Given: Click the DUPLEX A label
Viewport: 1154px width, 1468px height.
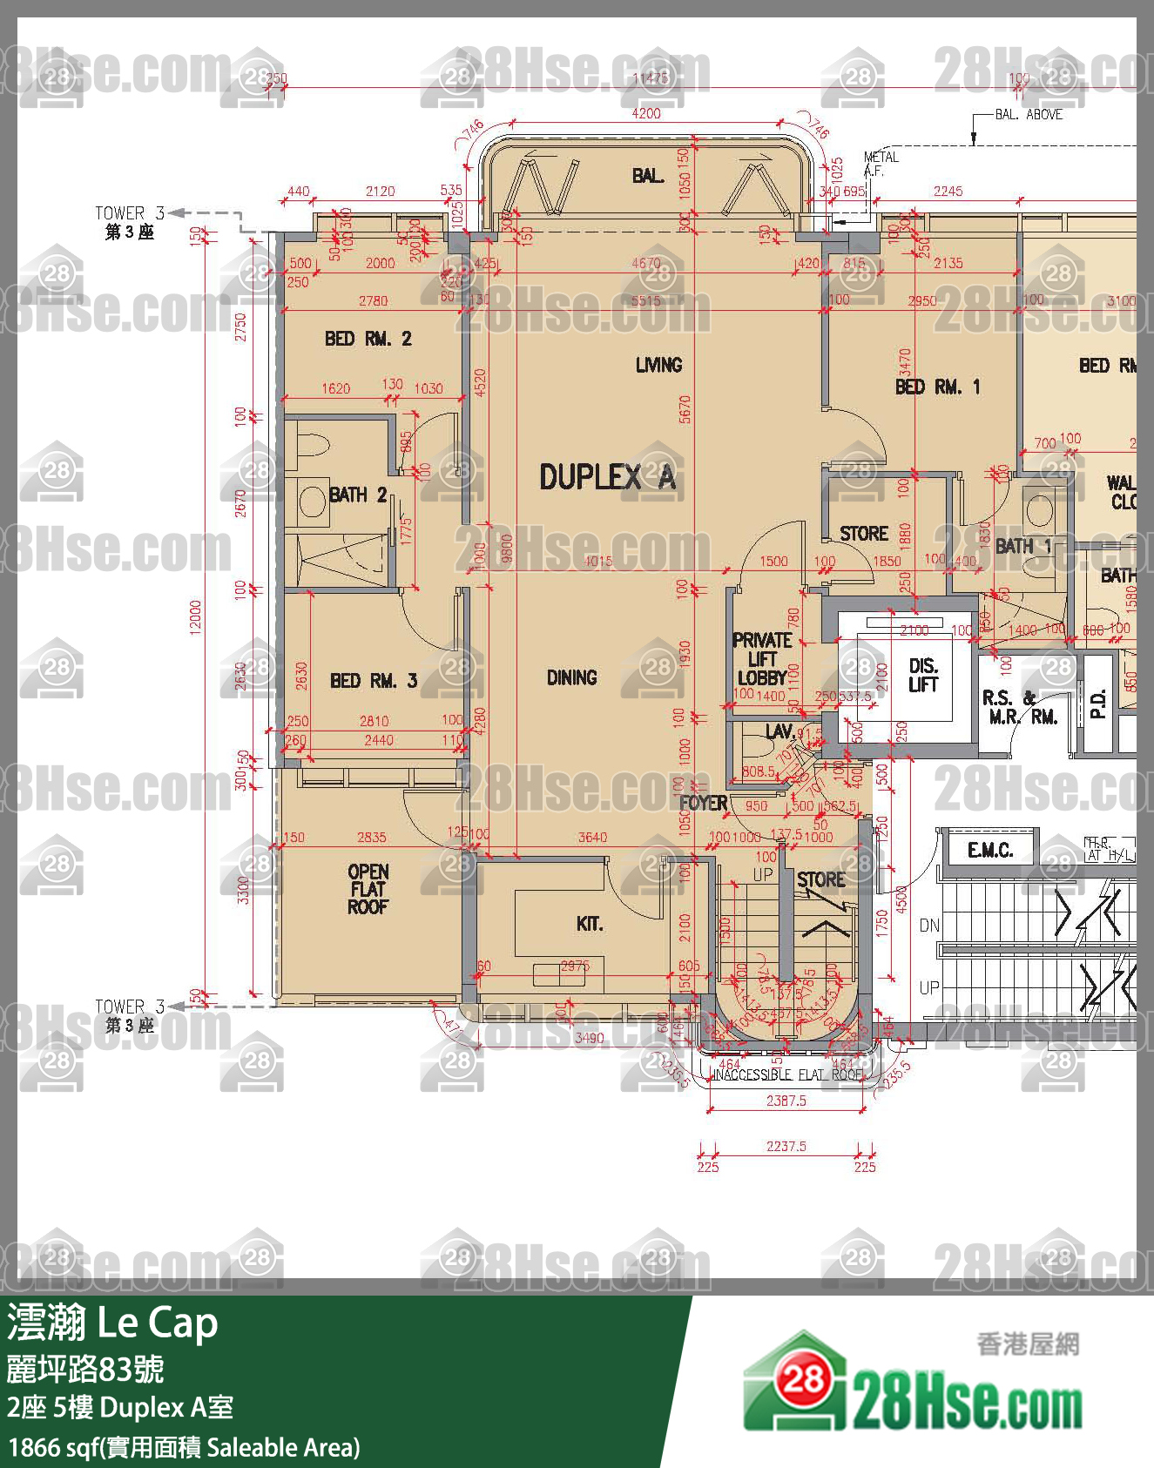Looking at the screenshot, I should [x=607, y=477].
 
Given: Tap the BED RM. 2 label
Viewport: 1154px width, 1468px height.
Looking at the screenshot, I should [x=368, y=339].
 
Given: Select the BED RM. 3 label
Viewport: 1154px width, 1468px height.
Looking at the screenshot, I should [x=373, y=681].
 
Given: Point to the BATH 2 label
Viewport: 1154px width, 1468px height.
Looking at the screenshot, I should [x=357, y=495].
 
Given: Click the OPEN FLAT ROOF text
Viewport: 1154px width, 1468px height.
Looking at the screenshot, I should [x=368, y=889].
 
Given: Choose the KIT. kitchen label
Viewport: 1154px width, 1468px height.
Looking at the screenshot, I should [x=589, y=924].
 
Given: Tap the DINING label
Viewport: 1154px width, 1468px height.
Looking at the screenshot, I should [x=571, y=677].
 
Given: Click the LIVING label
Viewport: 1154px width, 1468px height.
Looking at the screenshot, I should [x=658, y=365].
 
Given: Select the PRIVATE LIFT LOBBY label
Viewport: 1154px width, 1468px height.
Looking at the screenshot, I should [x=761, y=658].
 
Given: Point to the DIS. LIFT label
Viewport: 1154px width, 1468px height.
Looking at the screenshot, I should [x=922, y=676].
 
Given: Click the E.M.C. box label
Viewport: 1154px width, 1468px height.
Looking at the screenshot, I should [x=990, y=850].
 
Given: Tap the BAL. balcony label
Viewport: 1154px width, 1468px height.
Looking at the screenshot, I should [x=647, y=176].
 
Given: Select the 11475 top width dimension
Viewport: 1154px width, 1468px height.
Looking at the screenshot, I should [x=650, y=77].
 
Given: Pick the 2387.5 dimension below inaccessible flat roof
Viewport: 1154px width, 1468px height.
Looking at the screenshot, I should [x=786, y=1101].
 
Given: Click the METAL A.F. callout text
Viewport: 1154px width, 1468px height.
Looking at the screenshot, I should [x=881, y=163].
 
